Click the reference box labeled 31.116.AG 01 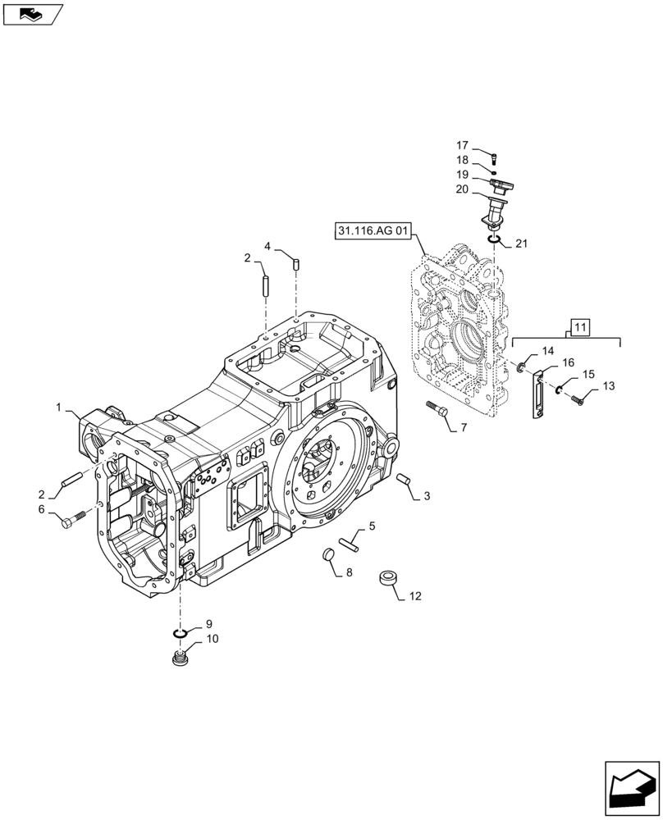(x=373, y=230)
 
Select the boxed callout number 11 (x=579, y=328)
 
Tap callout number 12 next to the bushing (x=414, y=596)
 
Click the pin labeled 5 (x=350, y=540)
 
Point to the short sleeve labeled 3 (x=402, y=479)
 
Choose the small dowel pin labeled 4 (x=296, y=262)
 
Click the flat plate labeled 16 (x=539, y=395)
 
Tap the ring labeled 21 (x=494, y=239)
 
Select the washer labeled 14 (x=520, y=367)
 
